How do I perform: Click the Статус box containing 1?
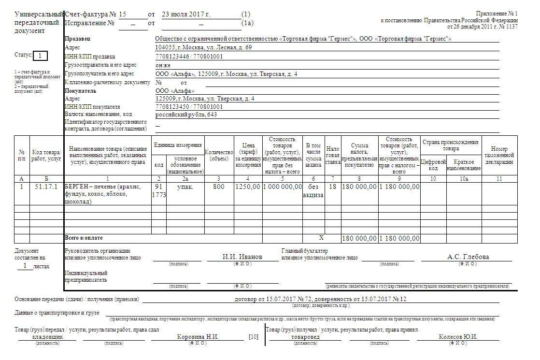tap(40, 56)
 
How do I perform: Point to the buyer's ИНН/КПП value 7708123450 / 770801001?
tap(189, 107)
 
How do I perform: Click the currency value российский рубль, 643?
tap(186, 115)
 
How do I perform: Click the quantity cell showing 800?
tap(219, 187)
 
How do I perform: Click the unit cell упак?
tap(185, 187)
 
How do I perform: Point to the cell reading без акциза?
tap(313, 190)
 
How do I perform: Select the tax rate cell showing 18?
tap(332, 187)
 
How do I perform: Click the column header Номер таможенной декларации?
tap(499, 155)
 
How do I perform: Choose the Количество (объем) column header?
tap(219, 155)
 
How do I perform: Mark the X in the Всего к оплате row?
tap(321, 238)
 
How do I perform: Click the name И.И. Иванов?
tap(242, 257)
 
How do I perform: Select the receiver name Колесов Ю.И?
tap(458, 337)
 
